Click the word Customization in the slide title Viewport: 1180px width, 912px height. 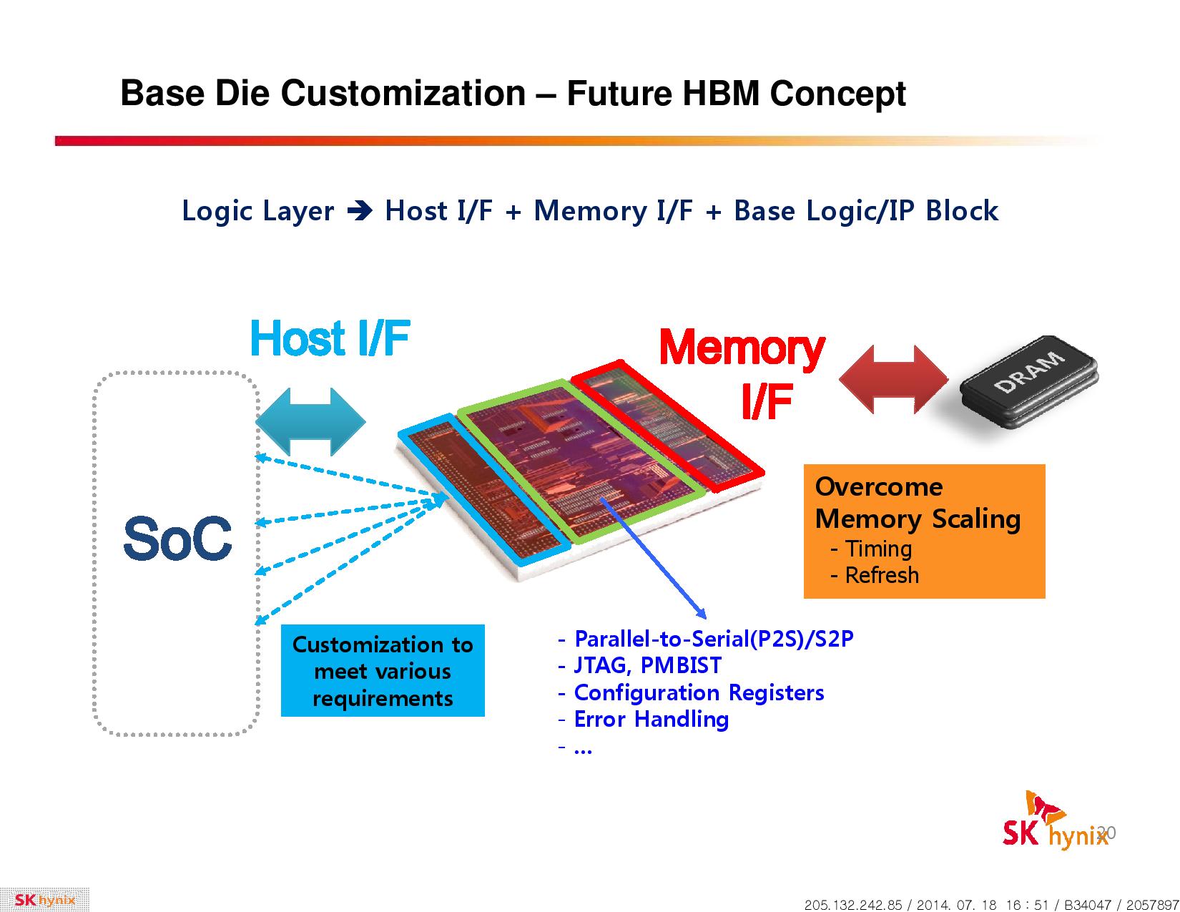[x=403, y=94]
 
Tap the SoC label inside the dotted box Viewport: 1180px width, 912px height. [x=177, y=539]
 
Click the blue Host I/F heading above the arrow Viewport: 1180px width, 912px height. [x=330, y=338]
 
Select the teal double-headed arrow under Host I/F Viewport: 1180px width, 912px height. [x=310, y=421]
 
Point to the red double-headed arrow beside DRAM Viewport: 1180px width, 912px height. [x=893, y=379]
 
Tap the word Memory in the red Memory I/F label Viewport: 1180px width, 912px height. [x=742, y=349]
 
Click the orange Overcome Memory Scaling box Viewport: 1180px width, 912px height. [x=924, y=531]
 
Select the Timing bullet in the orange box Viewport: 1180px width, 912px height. [x=871, y=549]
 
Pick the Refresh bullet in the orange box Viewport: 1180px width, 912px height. [x=875, y=575]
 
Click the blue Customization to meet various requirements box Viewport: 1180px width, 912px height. [x=383, y=670]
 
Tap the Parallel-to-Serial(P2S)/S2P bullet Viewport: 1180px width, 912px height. [x=706, y=639]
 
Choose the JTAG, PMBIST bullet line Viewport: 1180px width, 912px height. [x=639, y=665]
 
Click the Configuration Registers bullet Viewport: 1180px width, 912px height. [x=691, y=692]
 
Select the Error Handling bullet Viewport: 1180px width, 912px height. [x=644, y=719]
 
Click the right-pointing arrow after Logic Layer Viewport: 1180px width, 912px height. [x=360, y=211]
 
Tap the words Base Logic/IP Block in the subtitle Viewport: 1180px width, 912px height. [x=866, y=211]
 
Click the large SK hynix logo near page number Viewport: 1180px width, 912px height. [x=1053, y=821]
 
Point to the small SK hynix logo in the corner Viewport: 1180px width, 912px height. [x=45, y=900]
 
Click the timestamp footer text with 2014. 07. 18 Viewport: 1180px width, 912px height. [x=992, y=904]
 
